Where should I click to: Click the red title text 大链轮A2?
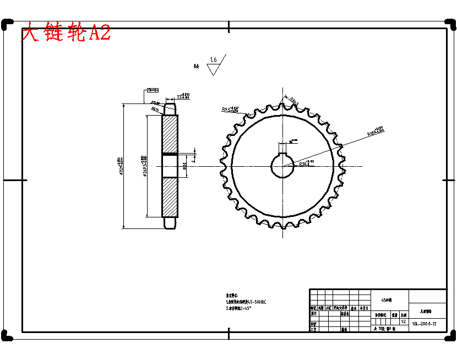(66, 33)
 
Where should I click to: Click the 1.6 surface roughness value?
(213, 60)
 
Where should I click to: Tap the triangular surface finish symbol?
(213, 69)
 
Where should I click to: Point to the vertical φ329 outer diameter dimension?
(120, 165)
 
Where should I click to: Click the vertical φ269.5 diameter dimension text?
(144, 165)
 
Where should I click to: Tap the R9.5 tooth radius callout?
(230, 110)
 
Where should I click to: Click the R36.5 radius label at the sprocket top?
(293, 101)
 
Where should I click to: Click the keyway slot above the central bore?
(283, 148)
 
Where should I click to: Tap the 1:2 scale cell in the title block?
(404, 321)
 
